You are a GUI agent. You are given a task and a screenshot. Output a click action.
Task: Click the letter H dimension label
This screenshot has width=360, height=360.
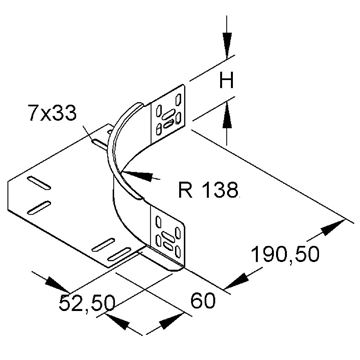[227, 80]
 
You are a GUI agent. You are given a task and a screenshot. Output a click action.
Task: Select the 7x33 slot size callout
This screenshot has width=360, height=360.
[52, 113]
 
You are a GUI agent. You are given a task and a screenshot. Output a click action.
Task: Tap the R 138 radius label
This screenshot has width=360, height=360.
[208, 190]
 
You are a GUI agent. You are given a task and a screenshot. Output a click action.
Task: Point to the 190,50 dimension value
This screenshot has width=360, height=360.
[285, 254]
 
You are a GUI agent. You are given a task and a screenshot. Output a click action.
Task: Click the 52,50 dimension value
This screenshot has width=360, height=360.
[87, 303]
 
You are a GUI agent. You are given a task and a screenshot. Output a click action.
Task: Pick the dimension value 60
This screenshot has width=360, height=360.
[203, 301]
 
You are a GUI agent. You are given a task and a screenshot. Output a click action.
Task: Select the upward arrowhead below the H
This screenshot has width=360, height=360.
[227, 116]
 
